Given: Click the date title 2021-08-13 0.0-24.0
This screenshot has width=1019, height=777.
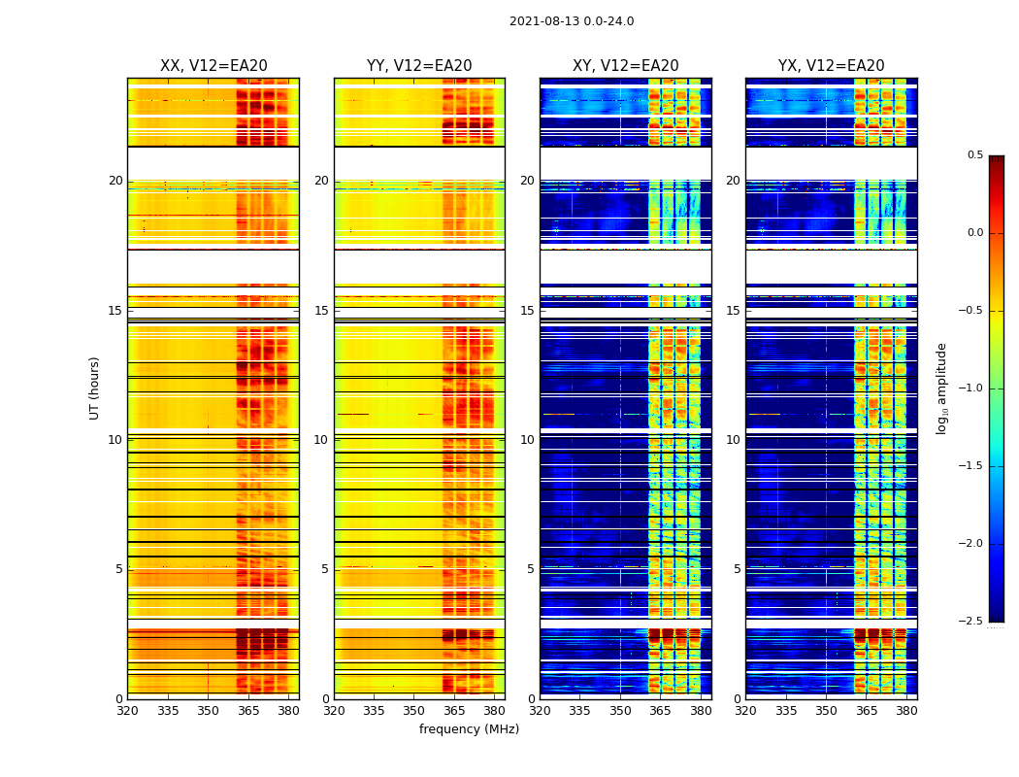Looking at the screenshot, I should pyautogui.click(x=572, y=21).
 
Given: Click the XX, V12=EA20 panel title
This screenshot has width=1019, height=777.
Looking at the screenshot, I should pyautogui.click(x=214, y=66).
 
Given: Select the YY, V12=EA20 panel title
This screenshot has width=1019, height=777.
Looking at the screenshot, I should pyautogui.click(x=419, y=66).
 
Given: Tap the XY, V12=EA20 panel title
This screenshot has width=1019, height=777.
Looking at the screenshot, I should pyautogui.click(x=625, y=66).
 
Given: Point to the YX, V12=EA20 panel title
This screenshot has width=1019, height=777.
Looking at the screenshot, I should pyautogui.click(x=831, y=66).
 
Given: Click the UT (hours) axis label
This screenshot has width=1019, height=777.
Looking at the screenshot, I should pyautogui.click(x=94, y=388).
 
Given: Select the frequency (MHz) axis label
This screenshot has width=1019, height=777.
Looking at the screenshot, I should pyautogui.click(x=469, y=729).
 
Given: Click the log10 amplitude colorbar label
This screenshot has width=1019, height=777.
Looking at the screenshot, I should pyautogui.click(x=941, y=388).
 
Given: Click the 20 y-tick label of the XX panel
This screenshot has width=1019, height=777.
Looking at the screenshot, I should pyautogui.click(x=115, y=181).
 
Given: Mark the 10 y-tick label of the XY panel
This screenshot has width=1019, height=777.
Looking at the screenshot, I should pyautogui.click(x=528, y=440).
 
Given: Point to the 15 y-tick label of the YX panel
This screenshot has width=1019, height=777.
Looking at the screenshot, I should pyautogui.click(x=734, y=311).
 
